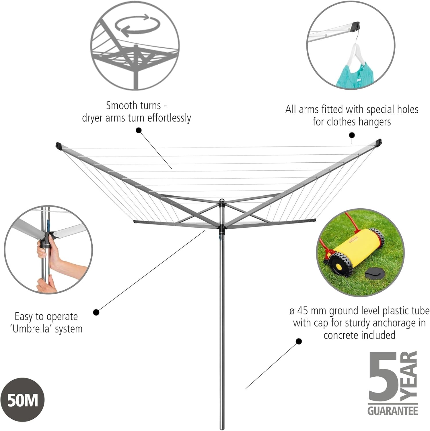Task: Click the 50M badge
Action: click(x=23, y=400)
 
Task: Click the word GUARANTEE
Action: click(x=392, y=411)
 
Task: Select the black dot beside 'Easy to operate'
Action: click(x=96, y=312)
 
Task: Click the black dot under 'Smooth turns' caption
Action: click(x=139, y=130)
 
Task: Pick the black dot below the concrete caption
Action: click(x=299, y=341)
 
